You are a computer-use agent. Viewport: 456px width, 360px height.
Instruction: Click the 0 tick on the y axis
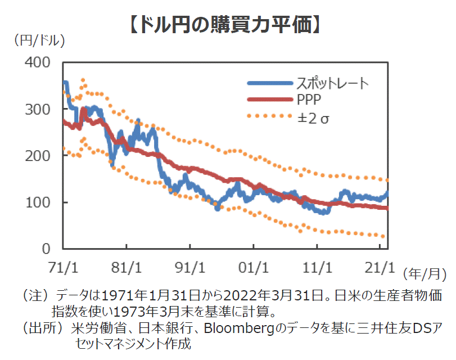click(49, 248)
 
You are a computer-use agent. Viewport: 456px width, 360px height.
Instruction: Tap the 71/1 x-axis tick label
click(64, 264)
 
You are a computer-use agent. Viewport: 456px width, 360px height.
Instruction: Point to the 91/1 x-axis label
click(191, 264)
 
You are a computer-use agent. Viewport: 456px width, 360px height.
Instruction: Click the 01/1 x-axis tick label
click(254, 264)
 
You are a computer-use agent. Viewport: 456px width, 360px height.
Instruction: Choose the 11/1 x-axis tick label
click(318, 264)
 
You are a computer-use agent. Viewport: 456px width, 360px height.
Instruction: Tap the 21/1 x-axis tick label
click(381, 264)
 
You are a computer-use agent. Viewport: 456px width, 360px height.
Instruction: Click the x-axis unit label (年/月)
click(422, 274)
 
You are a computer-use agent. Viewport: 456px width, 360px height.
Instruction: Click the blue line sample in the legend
click(268, 84)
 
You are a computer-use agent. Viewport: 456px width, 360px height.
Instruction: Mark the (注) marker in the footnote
click(34, 295)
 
